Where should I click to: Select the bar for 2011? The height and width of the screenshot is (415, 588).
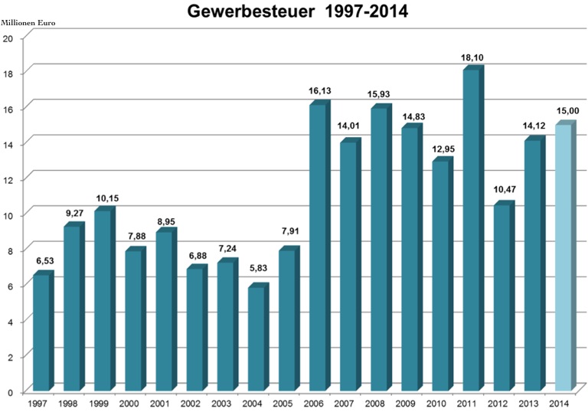pyautogui.click(x=471, y=230)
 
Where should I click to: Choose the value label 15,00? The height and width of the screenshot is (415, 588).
pyautogui.click(x=567, y=110)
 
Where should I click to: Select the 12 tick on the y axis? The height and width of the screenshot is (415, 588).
pyautogui.click(x=8, y=178)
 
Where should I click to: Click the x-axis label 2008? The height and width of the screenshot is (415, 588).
pyautogui.click(x=374, y=403)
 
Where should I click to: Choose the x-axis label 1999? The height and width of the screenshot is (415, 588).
pyautogui.click(x=98, y=403)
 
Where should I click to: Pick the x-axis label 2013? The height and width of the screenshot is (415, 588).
pyautogui.click(x=528, y=403)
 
